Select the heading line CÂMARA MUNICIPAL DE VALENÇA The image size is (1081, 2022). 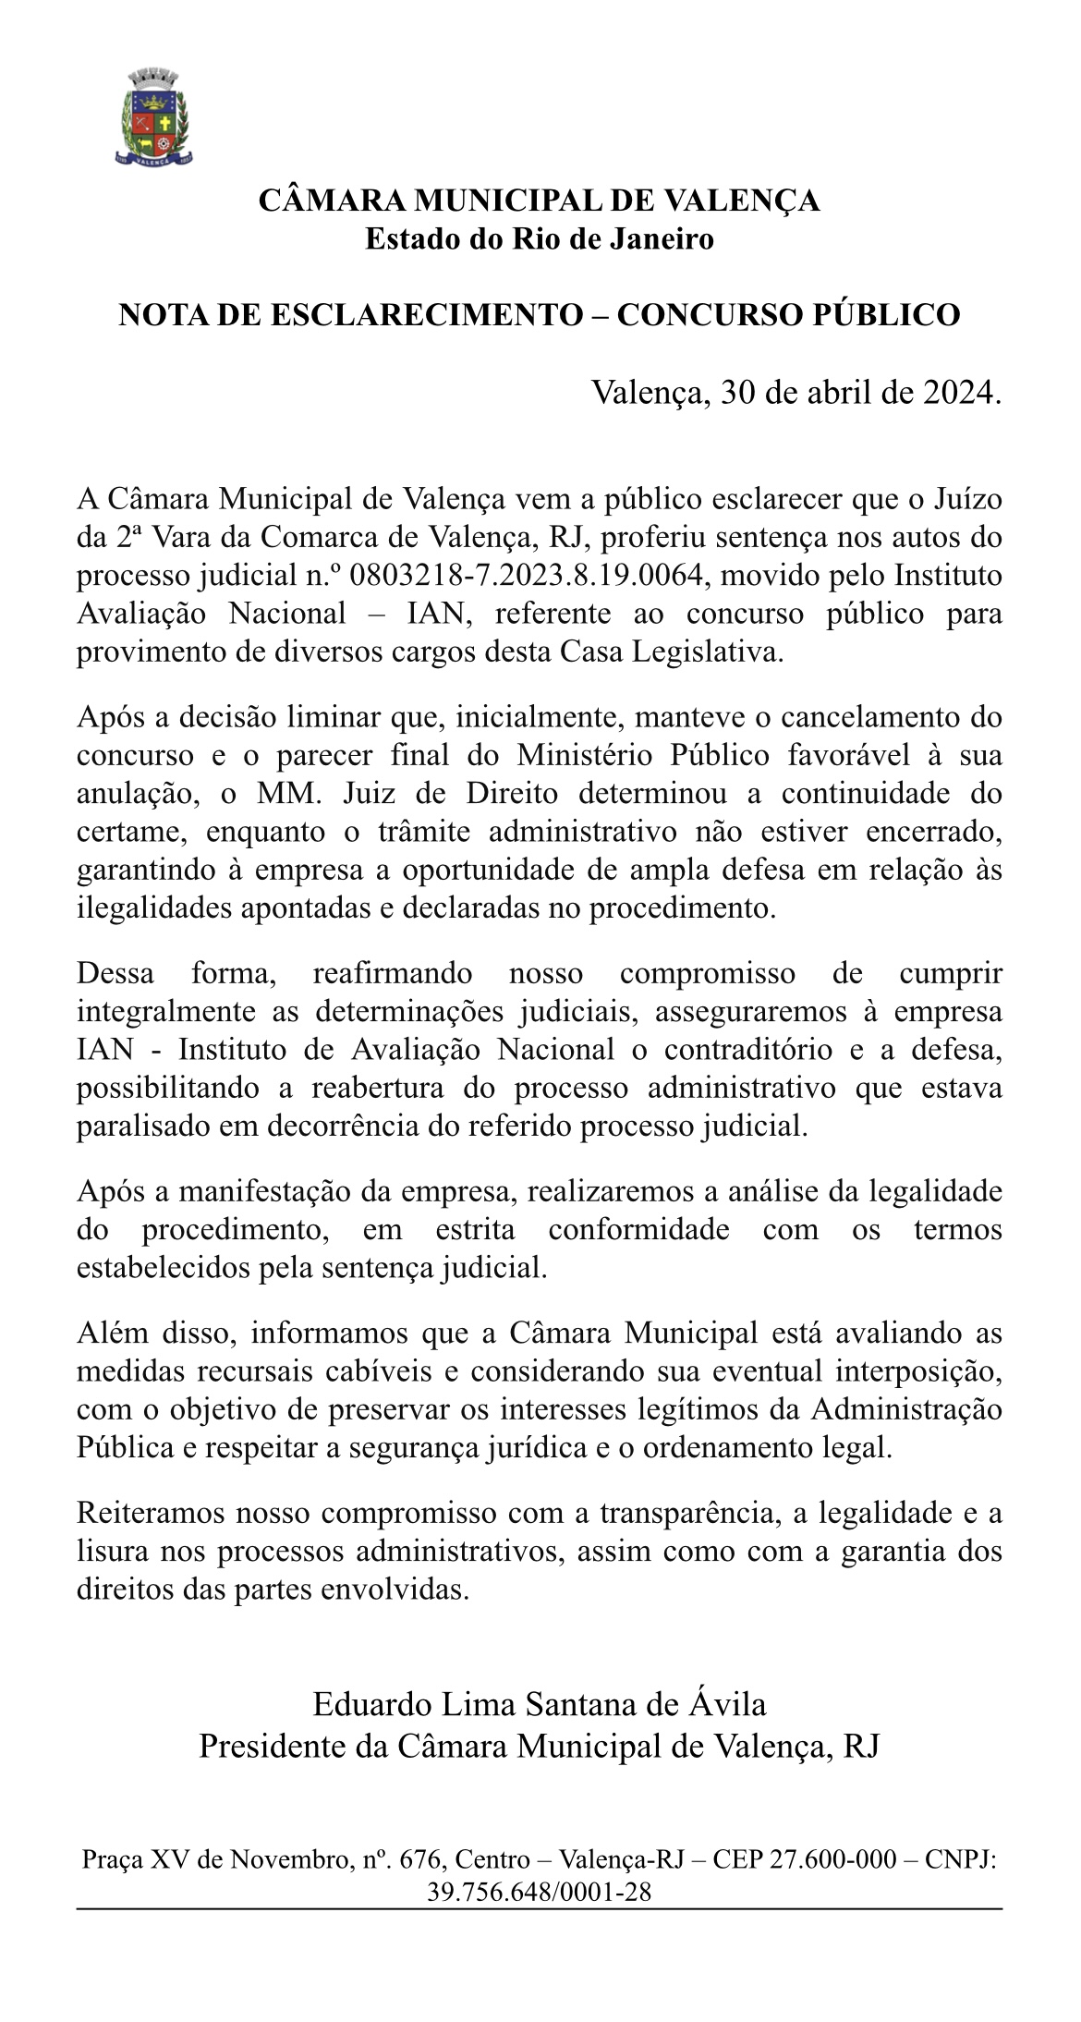click(x=540, y=201)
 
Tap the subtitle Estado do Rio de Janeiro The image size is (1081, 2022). click(x=540, y=239)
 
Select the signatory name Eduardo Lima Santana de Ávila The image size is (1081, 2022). click(x=540, y=1702)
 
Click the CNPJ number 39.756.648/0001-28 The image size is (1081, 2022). click(x=540, y=1892)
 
